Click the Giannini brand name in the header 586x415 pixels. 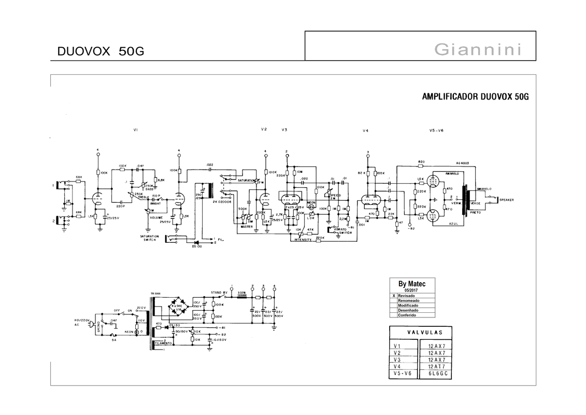(x=477, y=50)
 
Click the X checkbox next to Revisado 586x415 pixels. (x=394, y=296)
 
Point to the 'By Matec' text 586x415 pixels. (x=412, y=284)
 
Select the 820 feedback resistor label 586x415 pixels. (x=422, y=162)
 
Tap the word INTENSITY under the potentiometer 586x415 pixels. (x=303, y=240)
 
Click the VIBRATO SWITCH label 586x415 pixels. (x=342, y=231)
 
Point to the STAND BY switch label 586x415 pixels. (x=219, y=292)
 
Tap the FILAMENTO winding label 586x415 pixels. (x=163, y=343)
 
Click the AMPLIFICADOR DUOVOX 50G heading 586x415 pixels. (x=475, y=96)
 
